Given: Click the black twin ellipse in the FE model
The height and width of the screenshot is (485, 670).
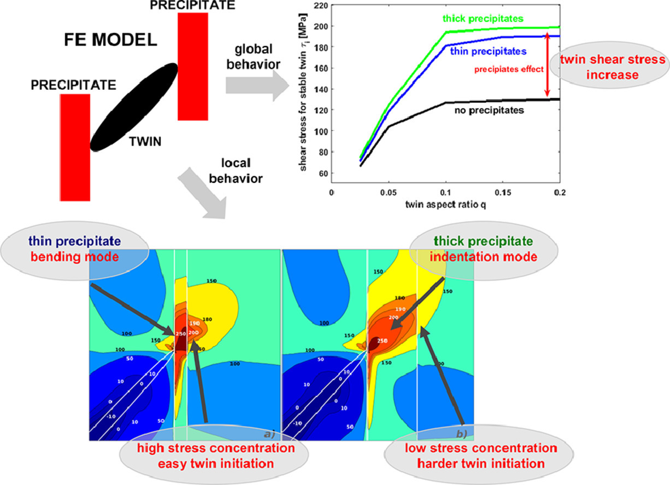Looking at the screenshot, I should (x=134, y=107).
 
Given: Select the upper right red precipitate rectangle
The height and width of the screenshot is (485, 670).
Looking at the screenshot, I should (x=193, y=66).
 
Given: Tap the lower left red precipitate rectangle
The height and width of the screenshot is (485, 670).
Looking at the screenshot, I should (x=75, y=147).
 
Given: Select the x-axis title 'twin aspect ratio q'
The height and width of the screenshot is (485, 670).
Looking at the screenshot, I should (x=445, y=206).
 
